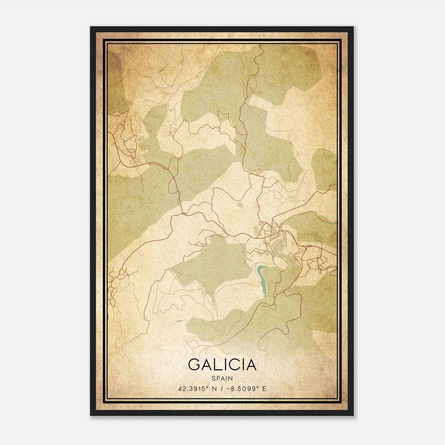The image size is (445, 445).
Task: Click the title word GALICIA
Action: (222, 364)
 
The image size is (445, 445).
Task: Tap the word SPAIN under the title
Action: (222, 378)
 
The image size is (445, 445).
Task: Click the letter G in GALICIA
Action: (194, 364)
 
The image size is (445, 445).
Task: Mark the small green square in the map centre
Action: (239, 205)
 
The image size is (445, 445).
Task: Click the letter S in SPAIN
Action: (213, 378)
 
